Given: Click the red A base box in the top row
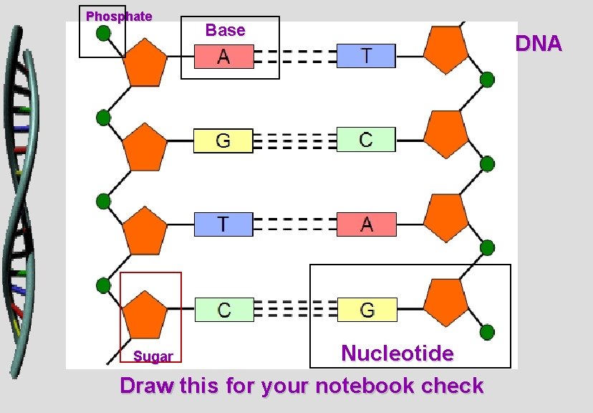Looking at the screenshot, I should tap(223, 56).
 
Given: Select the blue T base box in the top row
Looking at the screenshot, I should tap(366, 55).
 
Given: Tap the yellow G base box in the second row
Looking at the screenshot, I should tap(223, 141).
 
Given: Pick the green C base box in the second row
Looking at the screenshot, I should tap(366, 139).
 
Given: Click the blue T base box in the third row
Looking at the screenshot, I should tap(223, 224).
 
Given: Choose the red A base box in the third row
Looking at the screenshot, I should tap(367, 224).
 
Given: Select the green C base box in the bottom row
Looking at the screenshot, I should tap(224, 310).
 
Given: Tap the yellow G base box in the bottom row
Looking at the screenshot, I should tap(367, 310).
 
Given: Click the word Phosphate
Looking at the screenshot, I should tap(119, 16).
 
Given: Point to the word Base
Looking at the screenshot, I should tap(225, 30).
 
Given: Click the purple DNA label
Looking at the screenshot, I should tap(539, 44).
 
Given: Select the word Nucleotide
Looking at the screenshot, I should tap(397, 353).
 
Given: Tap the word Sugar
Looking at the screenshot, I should tap(153, 356).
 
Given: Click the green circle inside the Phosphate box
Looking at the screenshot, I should tap(104, 33).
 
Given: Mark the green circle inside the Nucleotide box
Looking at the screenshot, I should tap(487, 332).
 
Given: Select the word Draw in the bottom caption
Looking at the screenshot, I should tap(147, 386).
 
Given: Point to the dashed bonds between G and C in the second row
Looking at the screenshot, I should tap(294, 141).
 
